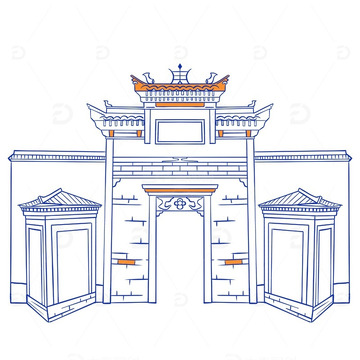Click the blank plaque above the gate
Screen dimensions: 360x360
(x=180, y=131)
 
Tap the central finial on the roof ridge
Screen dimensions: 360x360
(x=180, y=74)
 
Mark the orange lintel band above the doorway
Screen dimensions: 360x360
(x=180, y=187)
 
